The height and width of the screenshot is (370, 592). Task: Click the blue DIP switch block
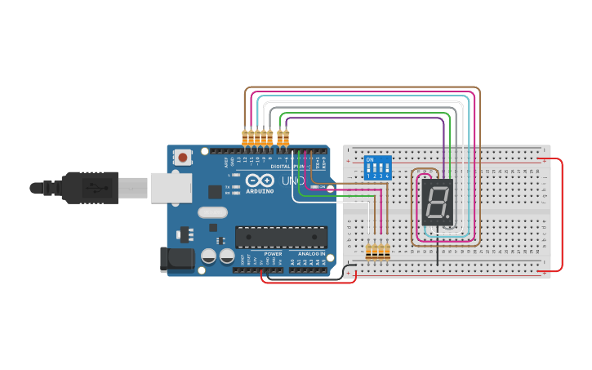point(378,167)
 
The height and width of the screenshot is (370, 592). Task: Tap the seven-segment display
point(437,202)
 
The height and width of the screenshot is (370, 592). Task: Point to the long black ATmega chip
point(281,237)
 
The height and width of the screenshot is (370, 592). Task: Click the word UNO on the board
point(293,181)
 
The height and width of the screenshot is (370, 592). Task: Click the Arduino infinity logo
point(260,181)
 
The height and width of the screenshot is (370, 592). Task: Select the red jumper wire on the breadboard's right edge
point(562,214)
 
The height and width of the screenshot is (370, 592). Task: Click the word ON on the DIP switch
point(370,159)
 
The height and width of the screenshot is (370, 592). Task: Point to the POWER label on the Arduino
point(273,254)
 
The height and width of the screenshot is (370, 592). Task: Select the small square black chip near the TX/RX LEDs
point(215,192)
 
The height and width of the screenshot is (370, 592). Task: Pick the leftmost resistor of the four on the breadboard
point(368,252)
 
